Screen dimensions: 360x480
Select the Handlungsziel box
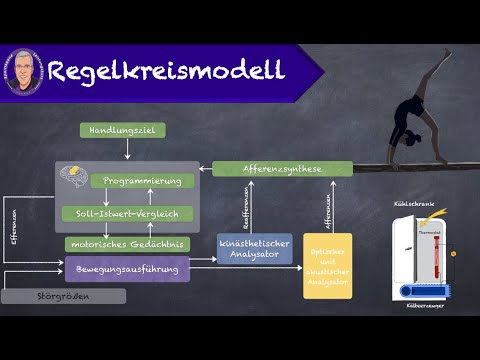point(122,130)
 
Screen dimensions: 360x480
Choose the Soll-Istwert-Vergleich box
point(121,213)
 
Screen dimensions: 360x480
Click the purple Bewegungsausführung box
point(127,269)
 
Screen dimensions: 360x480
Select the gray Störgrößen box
point(63,296)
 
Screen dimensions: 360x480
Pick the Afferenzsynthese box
point(267,170)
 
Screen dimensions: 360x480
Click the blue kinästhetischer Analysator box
point(255,248)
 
